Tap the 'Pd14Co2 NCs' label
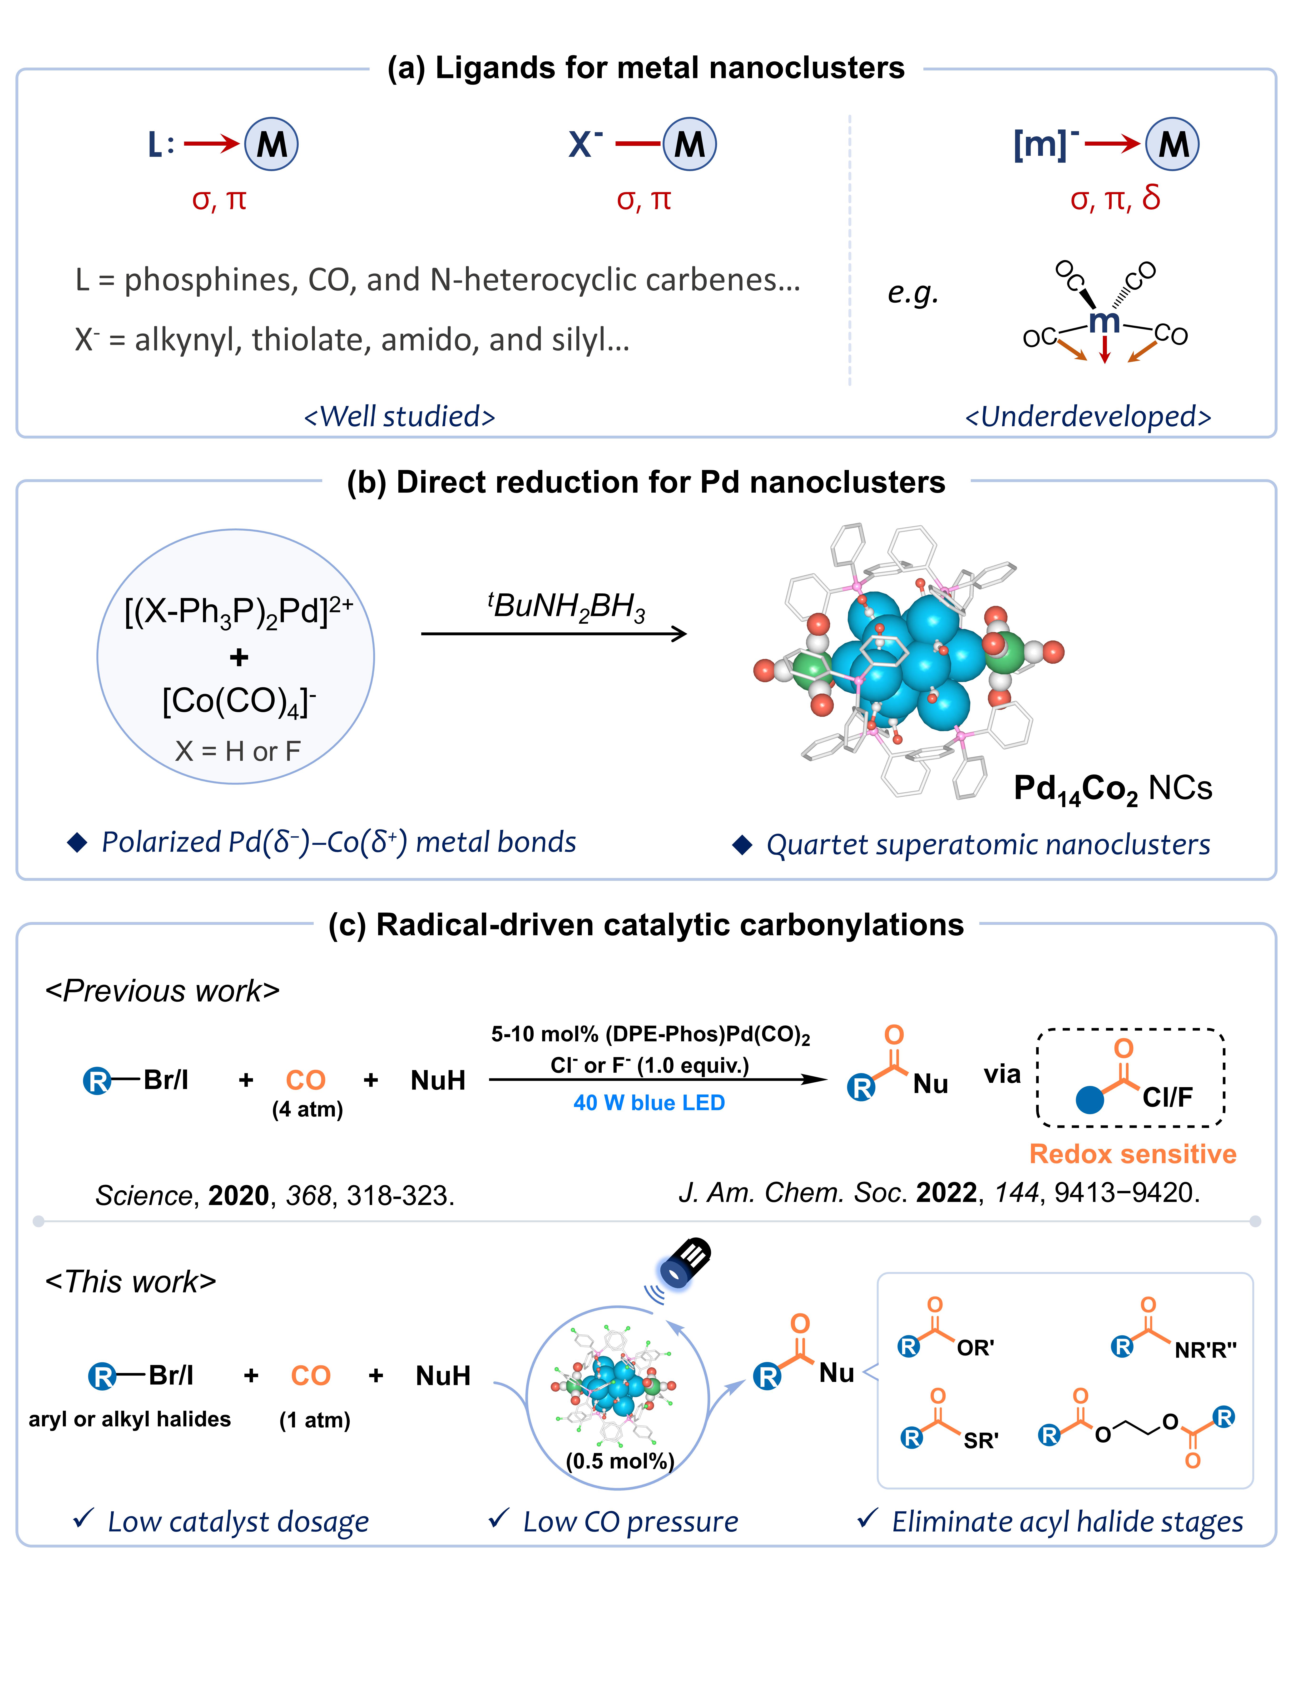tap(1112, 789)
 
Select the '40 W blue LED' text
tap(649, 1103)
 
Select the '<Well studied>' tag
tap(399, 416)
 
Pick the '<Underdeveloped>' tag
tap(1088, 416)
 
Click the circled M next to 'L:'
tap(271, 144)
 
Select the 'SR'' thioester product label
tap(981, 1440)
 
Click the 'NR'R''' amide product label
tap(1204, 1350)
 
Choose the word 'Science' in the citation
tap(143, 1195)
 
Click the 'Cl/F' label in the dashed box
tap(1167, 1097)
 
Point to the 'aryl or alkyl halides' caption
tap(129, 1419)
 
